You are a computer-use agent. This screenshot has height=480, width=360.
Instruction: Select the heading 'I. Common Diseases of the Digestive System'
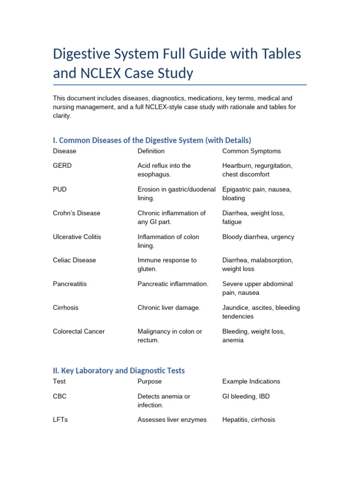pos(152,140)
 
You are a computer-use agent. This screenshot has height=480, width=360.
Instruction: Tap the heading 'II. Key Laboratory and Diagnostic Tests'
pos(119,370)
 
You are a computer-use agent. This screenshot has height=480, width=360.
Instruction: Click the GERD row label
pos(62,165)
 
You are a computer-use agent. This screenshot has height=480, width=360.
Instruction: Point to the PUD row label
pos(60,189)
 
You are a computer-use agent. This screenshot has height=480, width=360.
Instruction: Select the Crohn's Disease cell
pos(76,213)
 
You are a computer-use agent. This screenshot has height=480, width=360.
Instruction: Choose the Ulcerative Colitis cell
pos(77,237)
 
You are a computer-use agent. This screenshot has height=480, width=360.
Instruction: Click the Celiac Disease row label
pos(75,260)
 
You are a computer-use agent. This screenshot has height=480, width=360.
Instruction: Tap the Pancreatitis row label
pos(70,284)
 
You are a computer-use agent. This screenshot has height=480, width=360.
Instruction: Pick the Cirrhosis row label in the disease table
pos(66,307)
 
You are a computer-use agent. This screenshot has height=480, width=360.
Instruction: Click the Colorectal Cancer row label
pos(79,331)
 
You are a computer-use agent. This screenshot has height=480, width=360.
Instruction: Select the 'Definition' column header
pos(151,151)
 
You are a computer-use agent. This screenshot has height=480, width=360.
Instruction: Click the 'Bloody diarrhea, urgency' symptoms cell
pos(258,237)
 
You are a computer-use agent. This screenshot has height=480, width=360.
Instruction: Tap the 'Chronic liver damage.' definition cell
pos(169,307)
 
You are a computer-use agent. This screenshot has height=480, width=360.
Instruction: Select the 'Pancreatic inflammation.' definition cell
pos(172,284)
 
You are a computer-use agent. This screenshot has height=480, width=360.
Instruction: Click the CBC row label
pos(60,396)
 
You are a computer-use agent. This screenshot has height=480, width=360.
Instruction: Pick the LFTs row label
pos(60,420)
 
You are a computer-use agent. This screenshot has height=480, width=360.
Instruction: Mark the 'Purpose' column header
pos(150,381)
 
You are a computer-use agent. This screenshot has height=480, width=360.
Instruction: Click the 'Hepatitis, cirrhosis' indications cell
pos(248,420)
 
